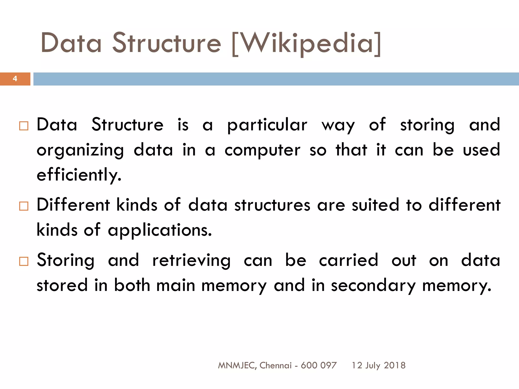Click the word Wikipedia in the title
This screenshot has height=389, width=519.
[307, 44]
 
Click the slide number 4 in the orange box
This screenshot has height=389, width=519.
[15, 79]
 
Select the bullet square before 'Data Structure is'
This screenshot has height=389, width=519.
[24, 126]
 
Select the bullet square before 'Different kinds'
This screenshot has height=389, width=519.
[24, 206]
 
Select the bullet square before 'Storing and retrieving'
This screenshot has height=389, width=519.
[24, 261]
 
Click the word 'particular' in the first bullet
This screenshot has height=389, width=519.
[267, 125]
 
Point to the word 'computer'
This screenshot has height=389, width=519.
[262, 150]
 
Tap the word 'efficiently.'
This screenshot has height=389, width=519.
[79, 175]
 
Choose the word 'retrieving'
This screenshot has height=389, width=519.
[191, 261]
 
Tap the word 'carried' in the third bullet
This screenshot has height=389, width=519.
[348, 260]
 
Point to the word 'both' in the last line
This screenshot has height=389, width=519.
[132, 285]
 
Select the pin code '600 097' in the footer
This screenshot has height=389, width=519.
[319, 365]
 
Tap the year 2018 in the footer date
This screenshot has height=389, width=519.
[395, 365]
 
